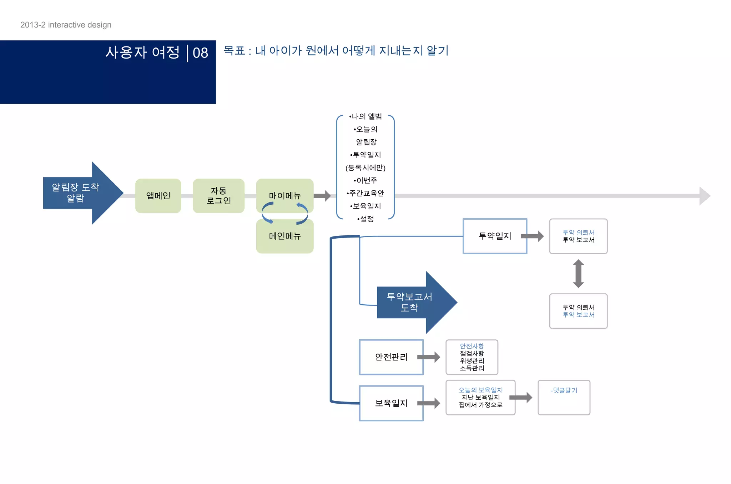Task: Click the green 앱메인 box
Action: (x=158, y=196)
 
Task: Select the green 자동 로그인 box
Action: (x=218, y=196)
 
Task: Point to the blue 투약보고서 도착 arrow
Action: (x=414, y=302)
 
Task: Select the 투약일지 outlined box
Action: (x=495, y=236)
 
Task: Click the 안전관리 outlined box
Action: (x=391, y=357)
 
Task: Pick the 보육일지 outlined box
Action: (x=391, y=403)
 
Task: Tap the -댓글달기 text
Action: (x=564, y=390)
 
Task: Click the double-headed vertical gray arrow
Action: (x=578, y=274)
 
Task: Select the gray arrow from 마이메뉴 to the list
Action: (x=322, y=196)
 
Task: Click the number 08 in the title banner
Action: (x=200, y=53)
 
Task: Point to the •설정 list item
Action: (x=365, y=219)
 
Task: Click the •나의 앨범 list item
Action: (x=365, y=116)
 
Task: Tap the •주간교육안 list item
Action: (x=365, y=193)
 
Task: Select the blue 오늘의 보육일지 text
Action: (x=480, y=390)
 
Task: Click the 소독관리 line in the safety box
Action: (x=472, y=368)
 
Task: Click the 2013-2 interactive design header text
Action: (x=66, y=25)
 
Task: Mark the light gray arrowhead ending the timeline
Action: (x=705, y=196)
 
